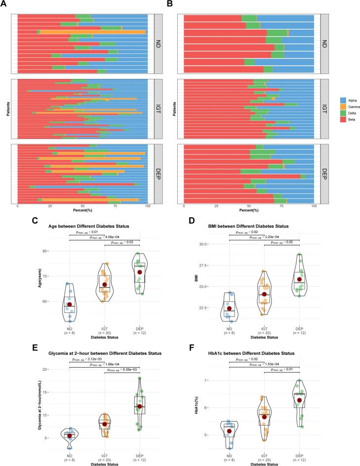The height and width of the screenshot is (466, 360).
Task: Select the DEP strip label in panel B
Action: (324, 174)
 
